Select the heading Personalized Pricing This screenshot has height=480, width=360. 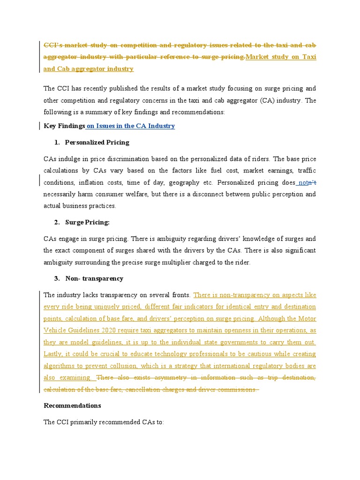[97, 142]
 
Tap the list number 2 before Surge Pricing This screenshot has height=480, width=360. [56, 222]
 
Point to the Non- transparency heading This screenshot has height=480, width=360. [94, 278]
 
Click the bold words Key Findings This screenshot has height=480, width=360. [64, 126]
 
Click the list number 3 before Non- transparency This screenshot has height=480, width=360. [56, 278]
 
